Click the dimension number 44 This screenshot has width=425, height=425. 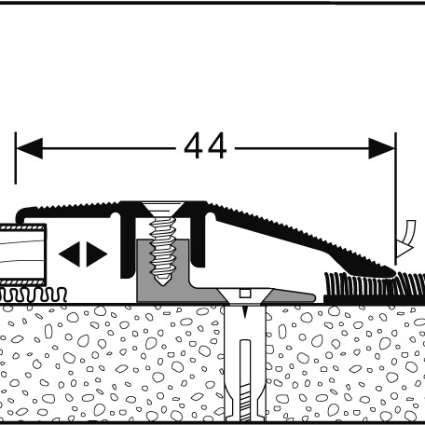[205, 146]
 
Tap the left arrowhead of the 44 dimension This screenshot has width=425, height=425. [29, 148]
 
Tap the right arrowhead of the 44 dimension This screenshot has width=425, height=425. [382, 148]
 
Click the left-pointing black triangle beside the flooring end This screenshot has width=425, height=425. [70, 254]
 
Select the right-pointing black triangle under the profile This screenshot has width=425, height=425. [97, 254]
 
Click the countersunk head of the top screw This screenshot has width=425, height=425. [163, 210]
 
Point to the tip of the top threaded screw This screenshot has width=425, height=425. [162, 285]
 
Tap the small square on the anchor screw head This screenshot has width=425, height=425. [245, 294]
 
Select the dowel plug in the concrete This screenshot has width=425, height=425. [245, 363]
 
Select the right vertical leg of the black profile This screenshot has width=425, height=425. [198, 240]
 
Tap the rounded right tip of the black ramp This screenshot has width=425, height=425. [392, 272]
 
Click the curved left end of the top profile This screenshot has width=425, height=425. [20, 214]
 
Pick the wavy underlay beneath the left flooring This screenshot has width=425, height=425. [34, 295]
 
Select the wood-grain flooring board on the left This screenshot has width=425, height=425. [22, 254]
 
